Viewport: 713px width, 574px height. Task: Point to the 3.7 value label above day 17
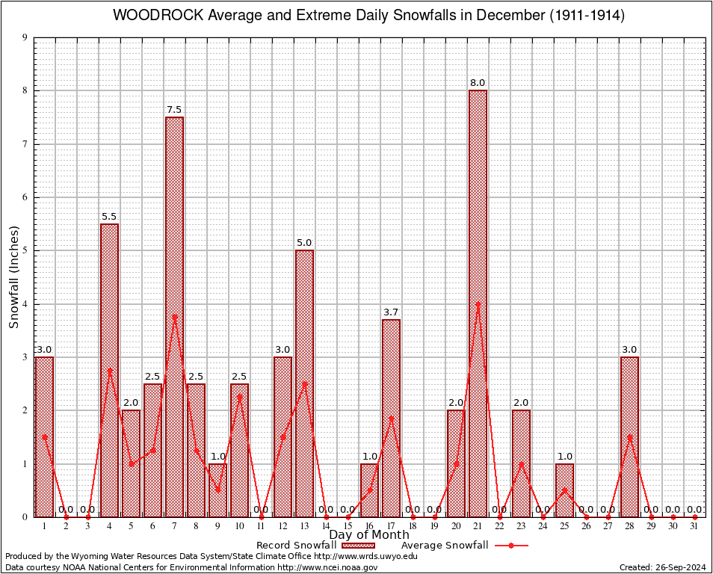[391, 312]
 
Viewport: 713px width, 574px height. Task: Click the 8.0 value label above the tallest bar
[478, 82]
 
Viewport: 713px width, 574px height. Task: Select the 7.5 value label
[174, 109]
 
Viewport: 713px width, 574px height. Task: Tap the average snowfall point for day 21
[478, 303]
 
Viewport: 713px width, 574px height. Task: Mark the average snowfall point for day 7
[174, 316]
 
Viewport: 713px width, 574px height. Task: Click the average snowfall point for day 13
[304, 383]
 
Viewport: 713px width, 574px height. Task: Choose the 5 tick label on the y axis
[25, 250]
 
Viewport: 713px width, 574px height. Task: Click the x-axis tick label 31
[694, 526]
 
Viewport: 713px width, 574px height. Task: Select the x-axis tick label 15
[348, 526]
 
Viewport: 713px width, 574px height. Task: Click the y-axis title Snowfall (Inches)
[13, 277]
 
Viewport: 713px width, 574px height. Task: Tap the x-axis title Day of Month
[369, 535]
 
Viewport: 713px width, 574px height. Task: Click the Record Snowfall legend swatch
[357, 546]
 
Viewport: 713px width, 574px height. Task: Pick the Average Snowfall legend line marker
[511, 546]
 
